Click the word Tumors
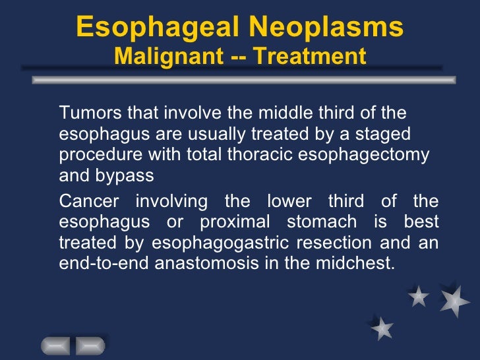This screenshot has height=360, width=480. tap(85, 113)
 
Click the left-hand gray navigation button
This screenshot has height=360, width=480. tap(57, 346)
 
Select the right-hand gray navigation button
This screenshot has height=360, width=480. tap(90, 346)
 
